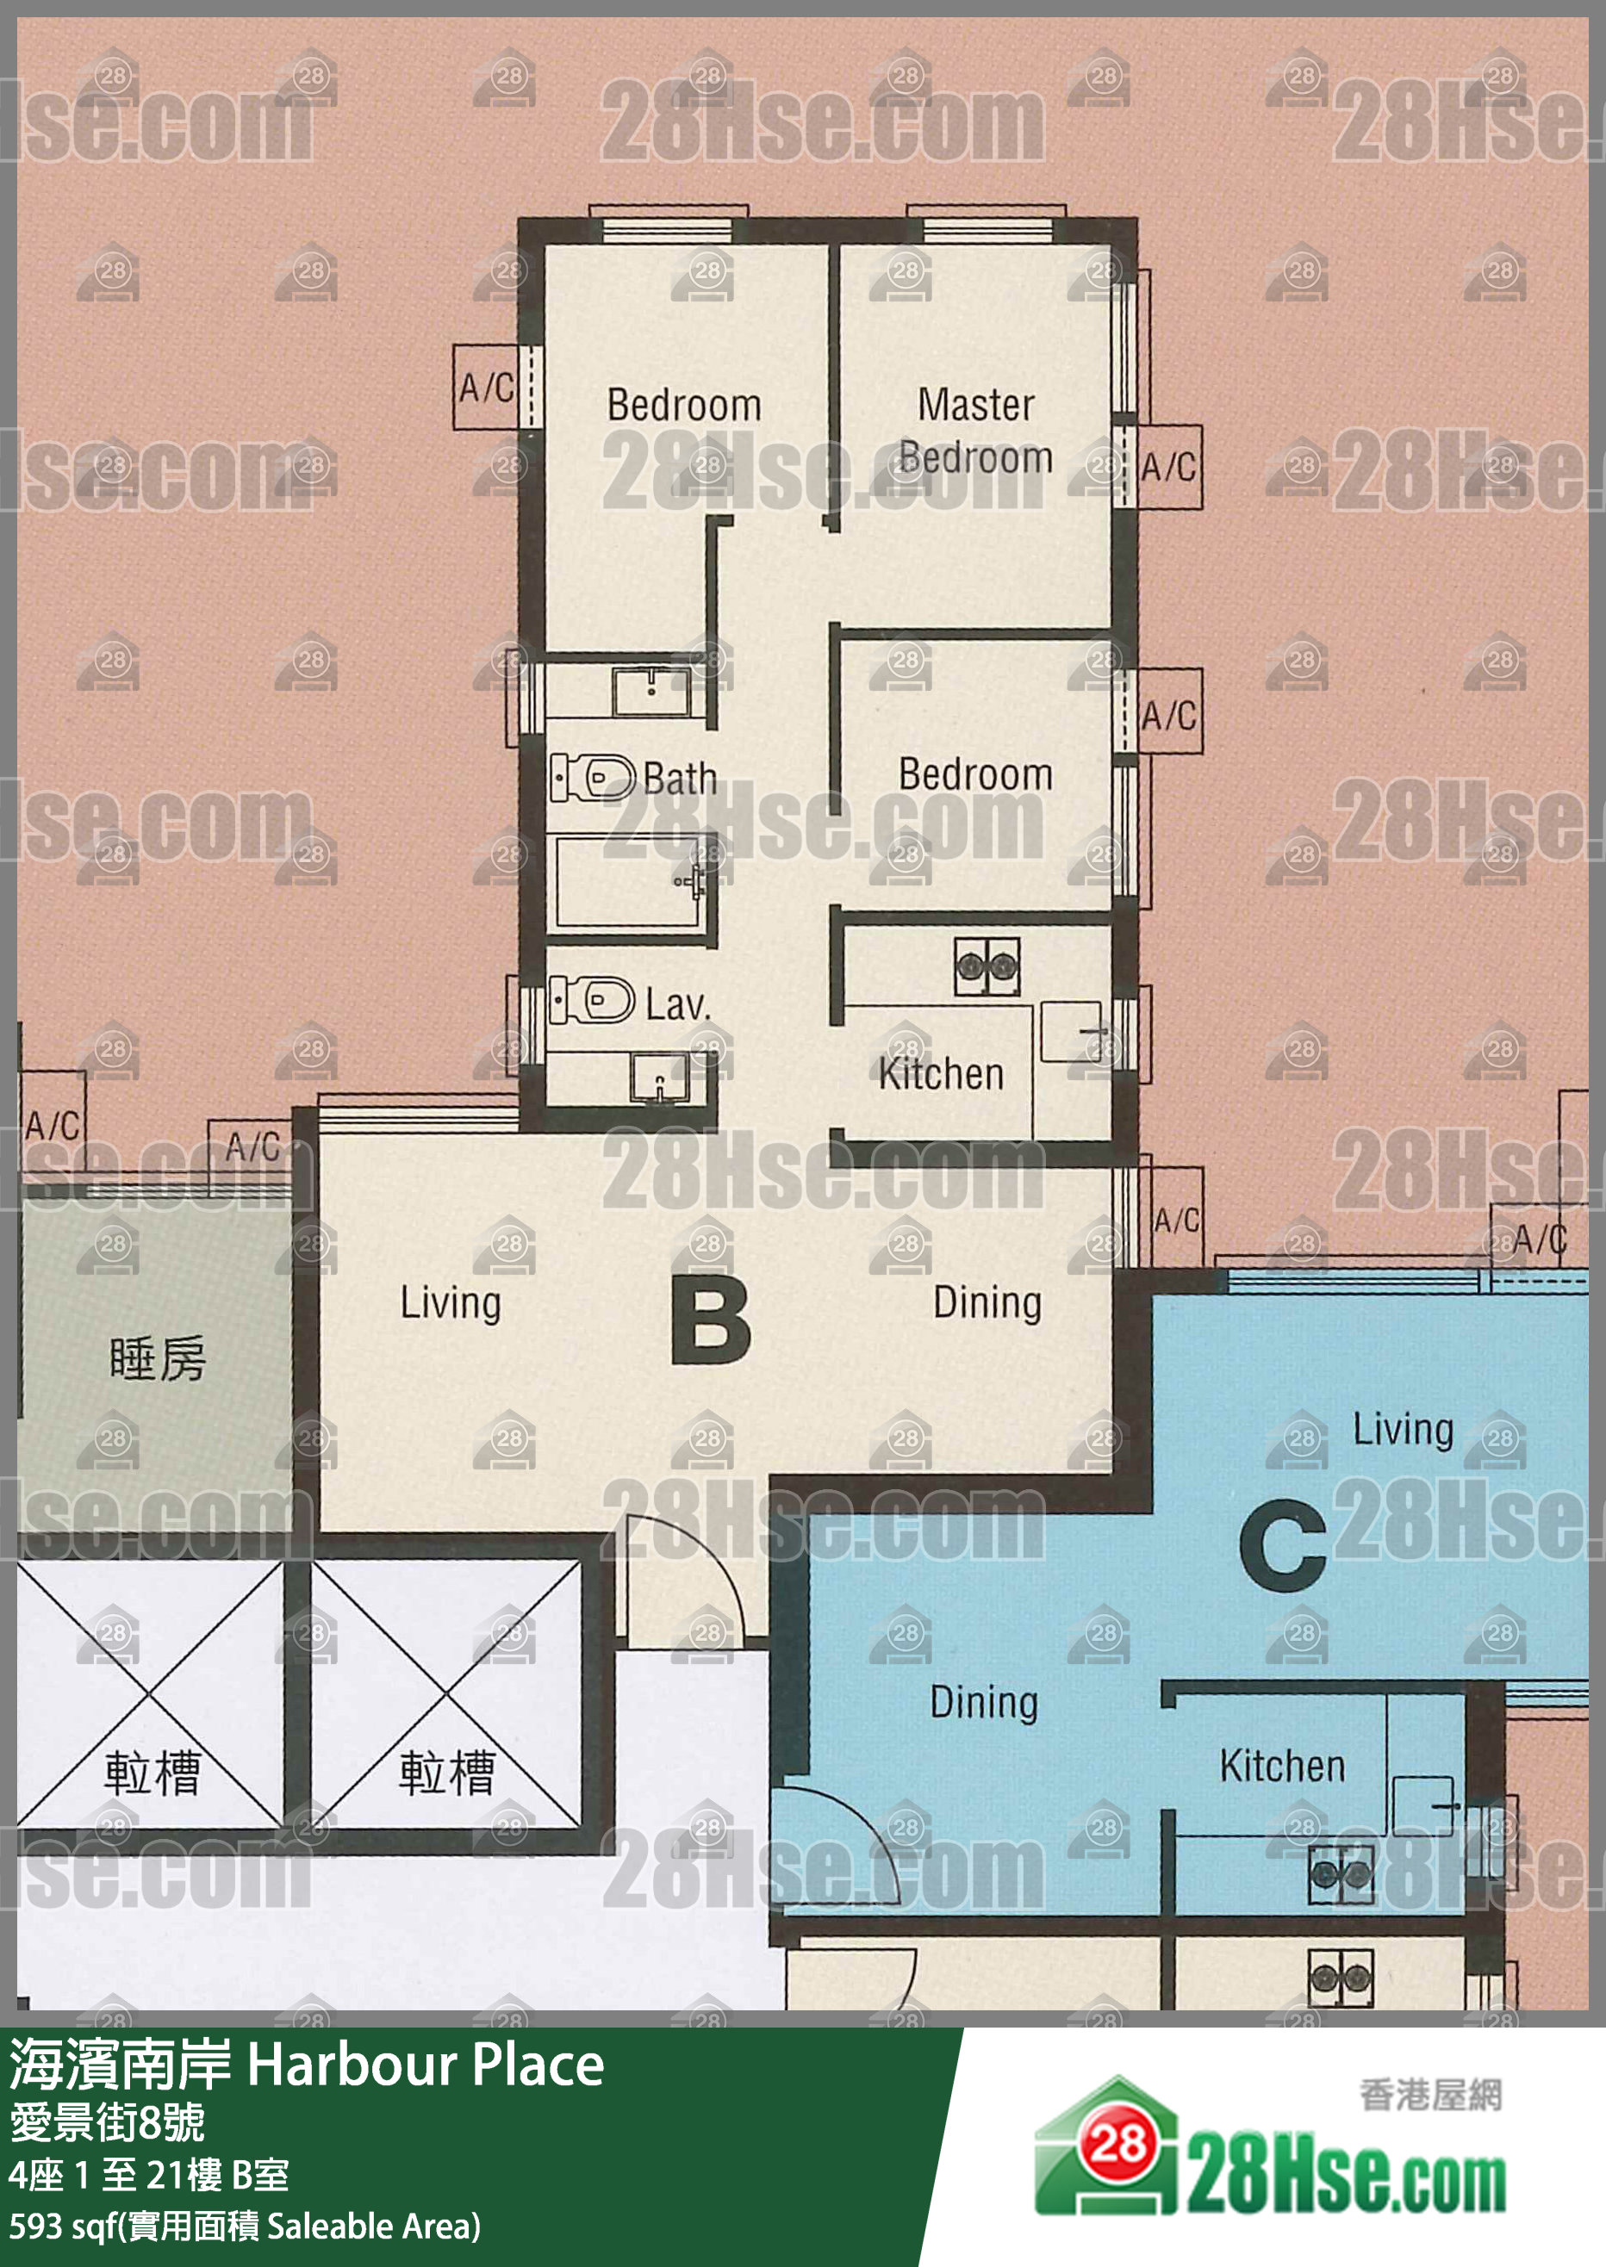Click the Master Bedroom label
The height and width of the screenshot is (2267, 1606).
coord(975,431)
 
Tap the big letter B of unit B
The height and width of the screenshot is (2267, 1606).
coord(710,1321)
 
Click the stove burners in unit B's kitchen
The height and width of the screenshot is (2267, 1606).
coord(986,964)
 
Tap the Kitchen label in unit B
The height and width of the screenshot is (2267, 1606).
coord(941,1074)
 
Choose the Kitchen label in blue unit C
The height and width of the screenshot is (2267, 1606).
coord(1282,1766)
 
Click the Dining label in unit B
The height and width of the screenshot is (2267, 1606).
coord(987,1303)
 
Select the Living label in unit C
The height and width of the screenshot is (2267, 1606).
coord(1403,1430)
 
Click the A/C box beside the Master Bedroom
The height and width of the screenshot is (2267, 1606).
coord(1169,467)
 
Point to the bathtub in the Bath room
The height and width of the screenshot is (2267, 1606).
coord(629,882)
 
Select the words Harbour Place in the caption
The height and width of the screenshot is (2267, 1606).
coord(426,2065)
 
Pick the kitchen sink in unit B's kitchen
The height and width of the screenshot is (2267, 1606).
coord(1068,1031)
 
